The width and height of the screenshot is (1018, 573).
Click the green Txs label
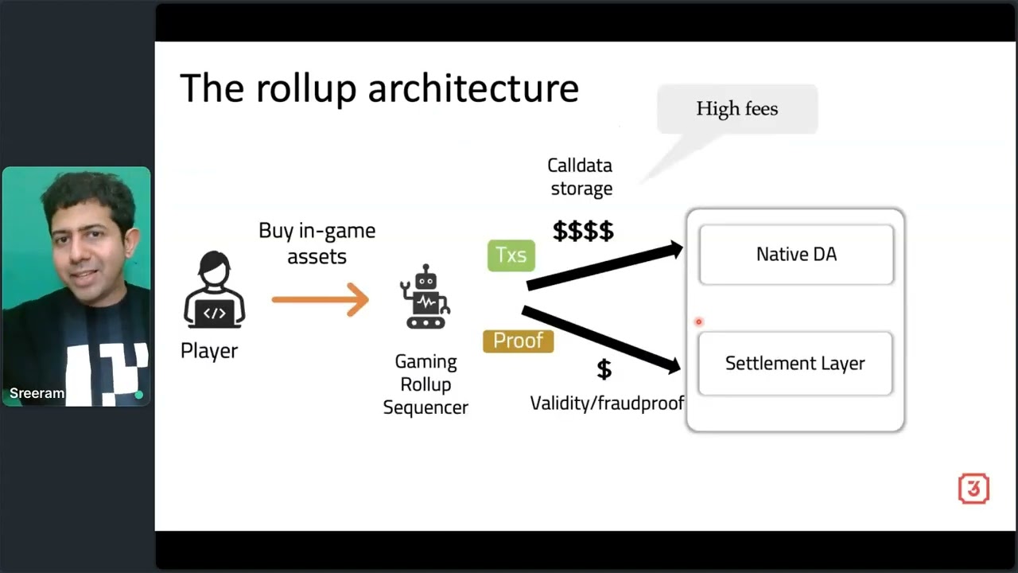coord(511,255)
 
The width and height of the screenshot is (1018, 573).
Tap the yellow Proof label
coord(518,341)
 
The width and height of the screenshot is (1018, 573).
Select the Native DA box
coord(796,255)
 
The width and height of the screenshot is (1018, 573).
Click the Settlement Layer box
coord(795,364)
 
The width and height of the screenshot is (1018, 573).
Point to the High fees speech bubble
coord(736,109)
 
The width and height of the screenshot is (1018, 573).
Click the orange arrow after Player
coord(320,300)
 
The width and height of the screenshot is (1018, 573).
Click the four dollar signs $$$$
coord(583,232)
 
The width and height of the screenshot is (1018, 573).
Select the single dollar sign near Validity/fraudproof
coord(604,369)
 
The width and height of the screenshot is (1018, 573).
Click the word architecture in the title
coord(473,88)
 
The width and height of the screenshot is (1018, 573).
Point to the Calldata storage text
coord(581,177)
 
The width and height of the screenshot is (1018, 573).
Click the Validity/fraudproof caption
coord(607,403)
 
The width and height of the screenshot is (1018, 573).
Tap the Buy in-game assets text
coord(317,243)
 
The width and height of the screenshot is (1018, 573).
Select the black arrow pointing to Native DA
coord(604,266)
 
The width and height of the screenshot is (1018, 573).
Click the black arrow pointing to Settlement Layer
coord(601,339)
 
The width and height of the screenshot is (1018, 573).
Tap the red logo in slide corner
coord(973,489)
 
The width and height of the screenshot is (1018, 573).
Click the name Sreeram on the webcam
coord(37,393)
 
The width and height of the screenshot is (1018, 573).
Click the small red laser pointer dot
coord(699,322)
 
